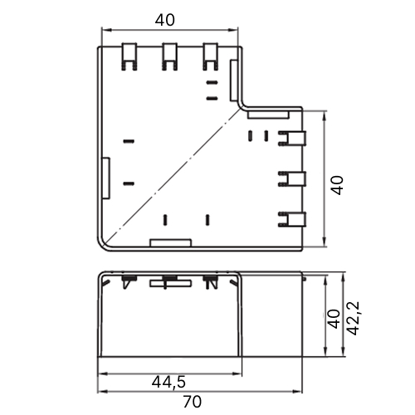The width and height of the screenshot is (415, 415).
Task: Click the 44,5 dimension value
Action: [x=168, y=383]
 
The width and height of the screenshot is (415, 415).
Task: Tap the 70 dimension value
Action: [x=193, y=402]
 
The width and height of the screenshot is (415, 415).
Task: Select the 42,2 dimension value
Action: [x=354, y=319]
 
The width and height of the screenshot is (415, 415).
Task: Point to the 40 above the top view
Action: [x=165, y=20]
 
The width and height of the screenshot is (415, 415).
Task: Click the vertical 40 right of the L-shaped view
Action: [x=338, y=185]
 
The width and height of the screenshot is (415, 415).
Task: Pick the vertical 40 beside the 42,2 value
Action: [x=334, y=319]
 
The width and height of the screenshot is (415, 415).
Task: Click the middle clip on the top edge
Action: [x=169, y=56]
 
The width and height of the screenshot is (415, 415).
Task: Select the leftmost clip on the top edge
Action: [x=129, y=56]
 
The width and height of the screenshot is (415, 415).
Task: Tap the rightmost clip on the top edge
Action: [x=210, y=56]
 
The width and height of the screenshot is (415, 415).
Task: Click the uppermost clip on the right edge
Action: [x=292, y=139]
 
